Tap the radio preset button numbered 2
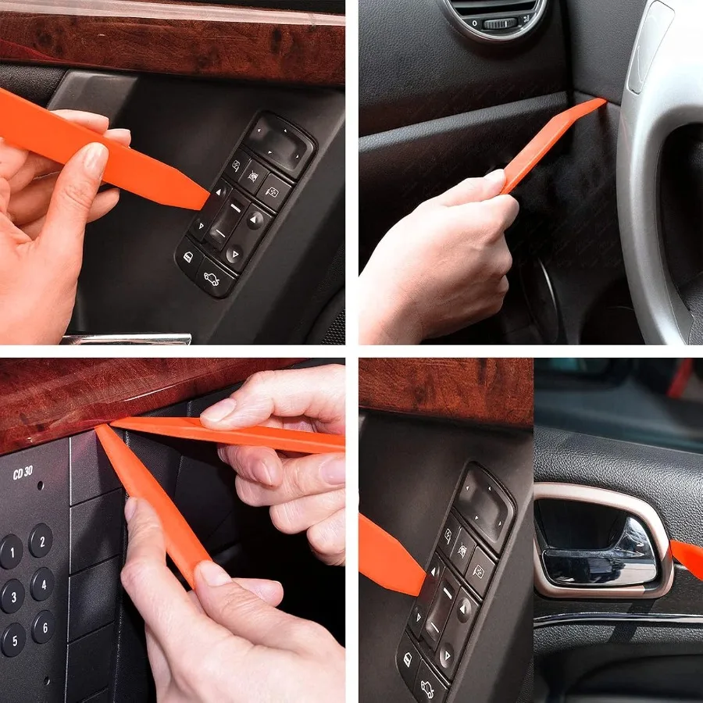(41, 541)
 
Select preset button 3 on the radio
(12, 596)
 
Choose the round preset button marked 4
(42, 583)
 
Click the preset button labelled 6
(43, 626)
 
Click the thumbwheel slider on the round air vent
(500, 23)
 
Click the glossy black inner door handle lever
(601, 558)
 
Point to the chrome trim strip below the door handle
(617, 617)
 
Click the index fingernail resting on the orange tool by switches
(95, 159)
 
